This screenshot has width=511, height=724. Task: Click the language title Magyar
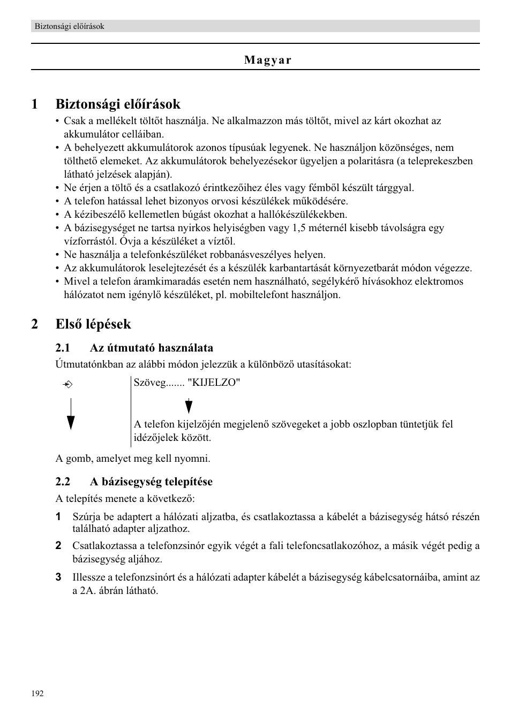[268, 60]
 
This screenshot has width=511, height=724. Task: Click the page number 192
[37, 693]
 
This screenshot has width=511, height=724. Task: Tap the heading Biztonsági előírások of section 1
[118, 104]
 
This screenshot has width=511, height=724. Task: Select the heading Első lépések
[93, 324]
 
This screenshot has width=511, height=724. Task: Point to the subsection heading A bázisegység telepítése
[151, 482]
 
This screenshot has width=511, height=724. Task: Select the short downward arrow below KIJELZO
[189, 406]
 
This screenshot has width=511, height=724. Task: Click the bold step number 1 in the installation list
[58, 517]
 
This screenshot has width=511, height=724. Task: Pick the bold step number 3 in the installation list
[58, 577]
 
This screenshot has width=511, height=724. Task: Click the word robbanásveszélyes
[249, 255]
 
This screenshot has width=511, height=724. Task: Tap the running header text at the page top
[69, 26]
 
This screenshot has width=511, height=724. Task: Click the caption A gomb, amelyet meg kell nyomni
[133, 459]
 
